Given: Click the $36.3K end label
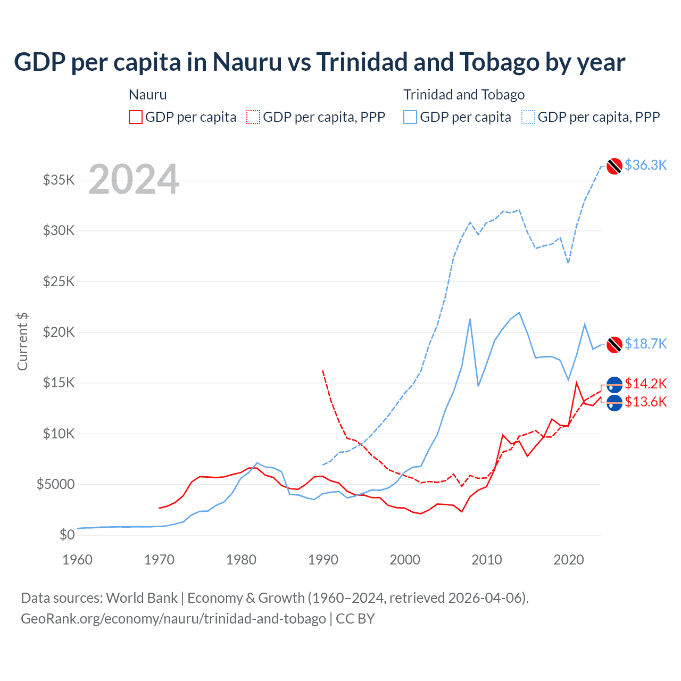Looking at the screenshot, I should point(645,165).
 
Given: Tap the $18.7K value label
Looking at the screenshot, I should point(645,344).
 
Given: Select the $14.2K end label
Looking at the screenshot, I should point(645,384).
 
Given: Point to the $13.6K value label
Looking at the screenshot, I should point(645,402).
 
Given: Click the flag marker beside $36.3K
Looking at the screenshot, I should point(614,166).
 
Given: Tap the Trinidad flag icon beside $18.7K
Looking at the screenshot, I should point(614,344).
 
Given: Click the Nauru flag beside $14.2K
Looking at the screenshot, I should point(614,385).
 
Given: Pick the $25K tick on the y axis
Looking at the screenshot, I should point(59,281).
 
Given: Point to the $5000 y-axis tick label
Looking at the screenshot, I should point(56,484).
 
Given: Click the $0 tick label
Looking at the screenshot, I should point(67,535).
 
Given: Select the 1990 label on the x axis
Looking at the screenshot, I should point(323,560).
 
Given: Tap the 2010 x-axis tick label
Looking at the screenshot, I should point(487,560).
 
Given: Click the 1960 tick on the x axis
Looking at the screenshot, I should point(78,560).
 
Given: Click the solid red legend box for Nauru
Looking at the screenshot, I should point(136,117).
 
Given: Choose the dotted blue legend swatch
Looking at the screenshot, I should point(528,117).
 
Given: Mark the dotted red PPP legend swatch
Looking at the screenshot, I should point(253,117).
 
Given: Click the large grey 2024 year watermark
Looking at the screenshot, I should point(134,180).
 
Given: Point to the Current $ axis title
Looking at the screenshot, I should point(22,342).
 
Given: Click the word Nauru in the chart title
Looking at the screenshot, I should point(247,62).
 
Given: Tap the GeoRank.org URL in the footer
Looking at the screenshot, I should point(173,619).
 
